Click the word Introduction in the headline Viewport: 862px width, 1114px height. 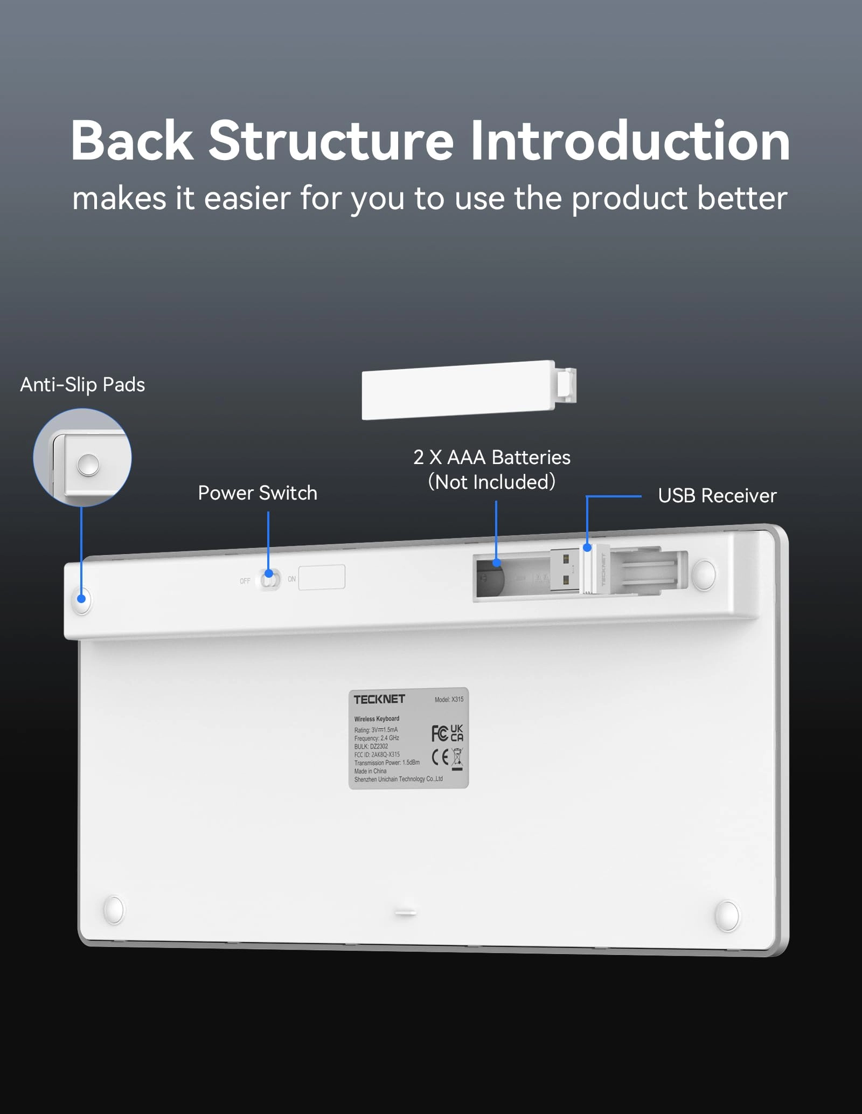(630, 141)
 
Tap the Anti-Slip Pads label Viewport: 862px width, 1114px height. (82, 385)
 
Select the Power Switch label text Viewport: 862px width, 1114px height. (258, 493)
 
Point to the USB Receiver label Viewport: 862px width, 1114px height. (717, 496)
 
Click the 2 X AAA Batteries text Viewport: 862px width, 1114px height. (491, 458)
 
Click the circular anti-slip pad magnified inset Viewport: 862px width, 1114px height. (82, 457)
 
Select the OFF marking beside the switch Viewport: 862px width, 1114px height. (245, 581)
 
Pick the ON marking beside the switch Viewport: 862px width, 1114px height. (291, 579)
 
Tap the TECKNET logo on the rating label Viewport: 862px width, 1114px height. (379, 699)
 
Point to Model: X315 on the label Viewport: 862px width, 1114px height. (449, 700)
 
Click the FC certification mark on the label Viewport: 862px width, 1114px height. (439, 733)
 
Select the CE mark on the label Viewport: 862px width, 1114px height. (440, 757)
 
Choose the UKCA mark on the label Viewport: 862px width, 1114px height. (457, 733)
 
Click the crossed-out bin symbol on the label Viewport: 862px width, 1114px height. (457, 758)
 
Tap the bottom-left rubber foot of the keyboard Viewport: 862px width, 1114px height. (114, 910)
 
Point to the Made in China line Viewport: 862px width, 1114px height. (371, 771)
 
